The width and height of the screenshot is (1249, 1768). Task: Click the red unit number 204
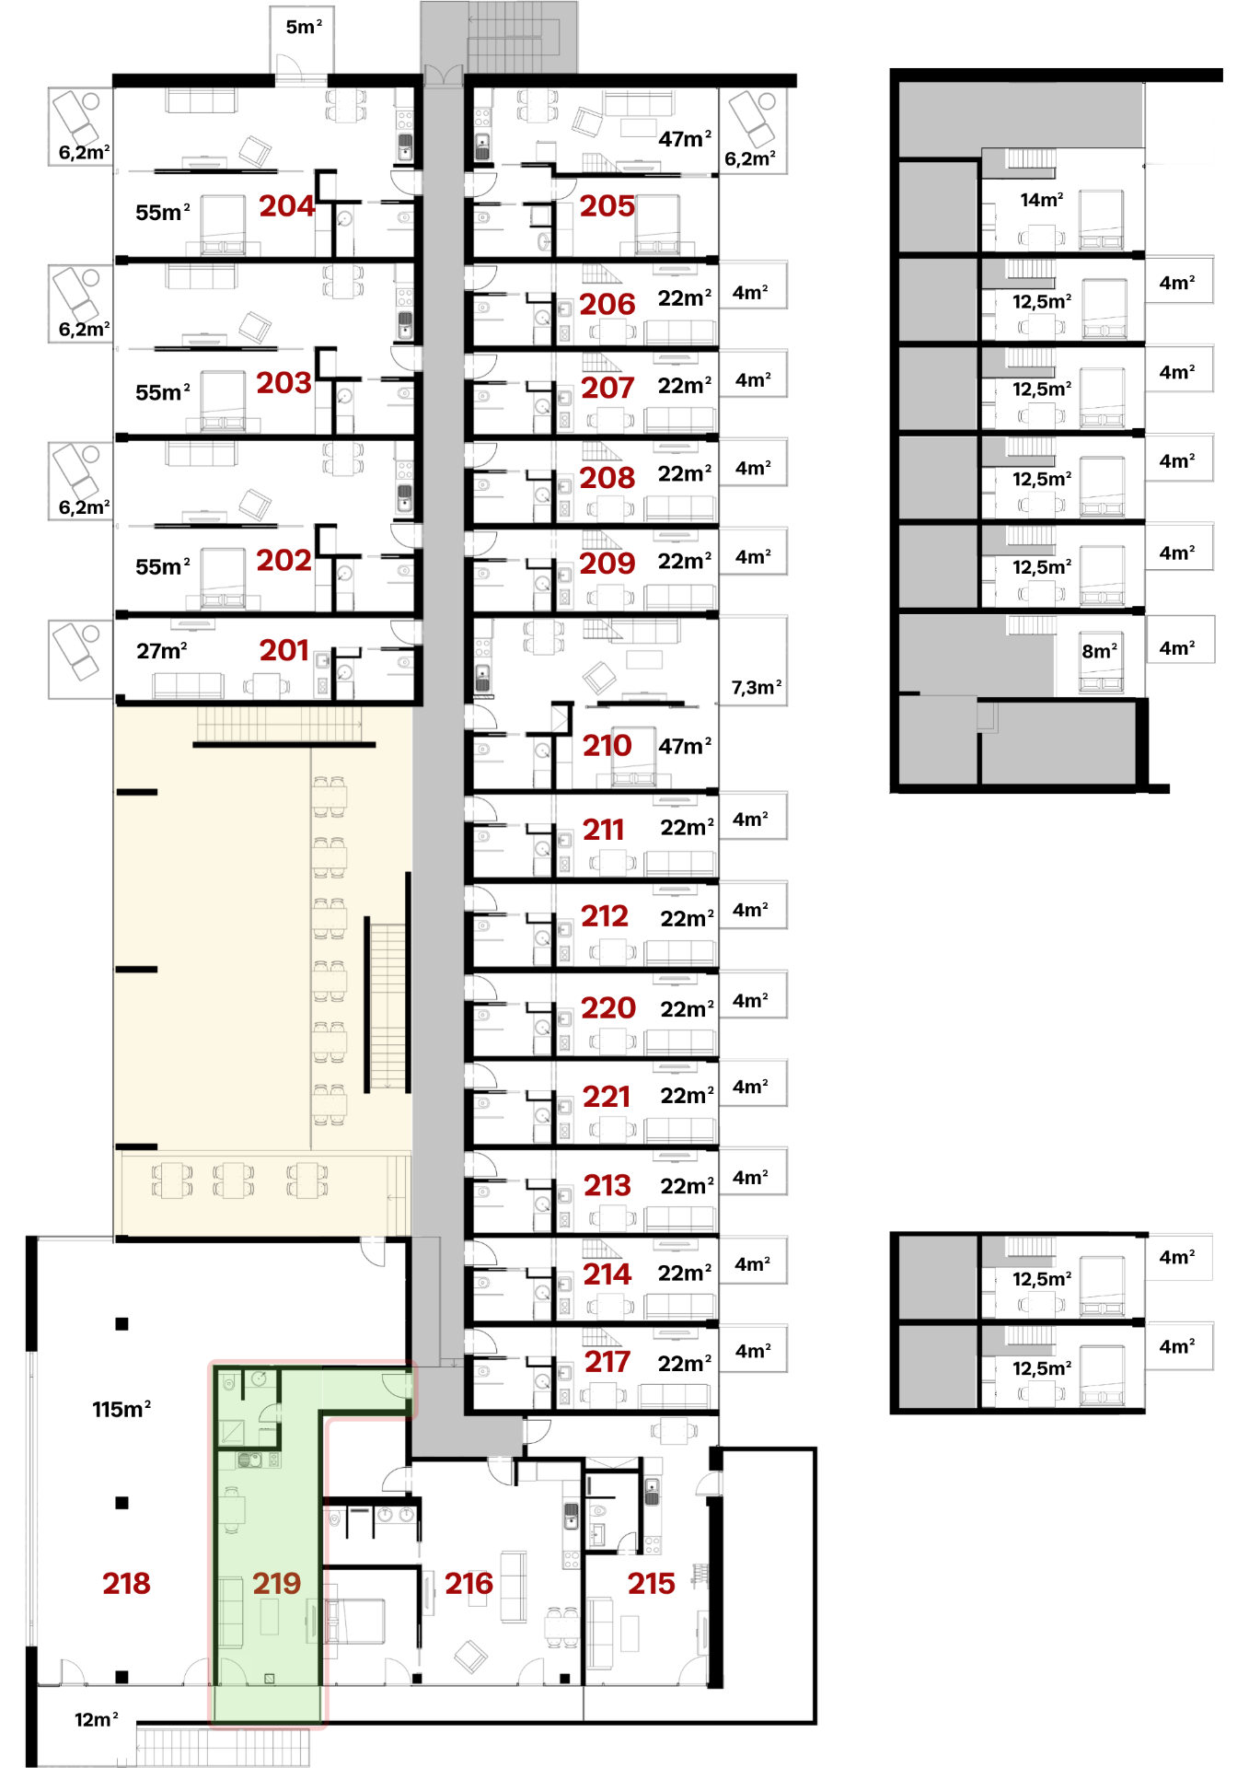coord(286,206)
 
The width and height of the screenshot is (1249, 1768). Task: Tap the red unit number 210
coord(607,746)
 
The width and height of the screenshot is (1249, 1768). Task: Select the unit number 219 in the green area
coord(276,1583)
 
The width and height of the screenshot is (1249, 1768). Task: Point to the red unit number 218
coord(126,1583)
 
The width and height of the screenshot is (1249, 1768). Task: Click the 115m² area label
coord(121,1409)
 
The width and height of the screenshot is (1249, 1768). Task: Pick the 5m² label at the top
coord(304,27)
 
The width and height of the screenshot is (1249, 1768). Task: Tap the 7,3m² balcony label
coord(757,687)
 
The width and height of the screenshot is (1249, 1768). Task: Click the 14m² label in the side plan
coord(1042,199)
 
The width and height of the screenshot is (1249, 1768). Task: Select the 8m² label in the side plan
coord(1100,651)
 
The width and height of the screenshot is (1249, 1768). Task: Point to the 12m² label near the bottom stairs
coord(97,1719)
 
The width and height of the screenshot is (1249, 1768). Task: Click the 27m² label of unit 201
coord(162,651)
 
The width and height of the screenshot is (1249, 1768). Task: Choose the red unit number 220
coord(608,1007)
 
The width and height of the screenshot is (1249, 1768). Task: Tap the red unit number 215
coord(652,1583)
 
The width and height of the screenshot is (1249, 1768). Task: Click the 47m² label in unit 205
coord(685,139)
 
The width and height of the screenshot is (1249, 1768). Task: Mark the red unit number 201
coord(284,651)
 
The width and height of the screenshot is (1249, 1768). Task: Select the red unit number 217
coord(607,1362)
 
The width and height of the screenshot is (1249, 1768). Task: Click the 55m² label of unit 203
coord(163,392)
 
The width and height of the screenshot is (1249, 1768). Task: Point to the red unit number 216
coord(469,1583)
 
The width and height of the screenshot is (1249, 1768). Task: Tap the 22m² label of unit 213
coord(687,1186)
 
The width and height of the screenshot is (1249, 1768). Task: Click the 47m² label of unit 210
coord(685,746)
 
